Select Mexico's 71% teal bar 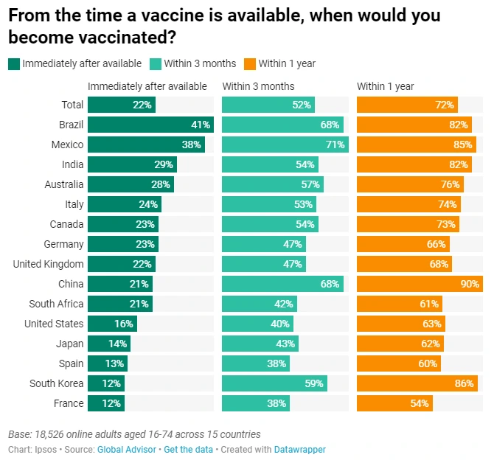[x=284, y=145]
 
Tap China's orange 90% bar [x=419, y=284]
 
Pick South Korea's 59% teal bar [x=274, y=383]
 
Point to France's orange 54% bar [x=394, y=403]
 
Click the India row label [x=72, y=164]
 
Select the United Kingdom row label [x=49, y=264]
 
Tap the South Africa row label [x=57, y=304]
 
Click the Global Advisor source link [x=127, y=450]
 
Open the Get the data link [x=188, y=450]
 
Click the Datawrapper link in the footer [x=299, y=450]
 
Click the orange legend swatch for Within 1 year [x=250, y=63]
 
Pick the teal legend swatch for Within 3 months [x=156, y=63]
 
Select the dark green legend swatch [x=14, y=63]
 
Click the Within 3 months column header [x=258, y=86]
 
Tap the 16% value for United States [x=123, y=324]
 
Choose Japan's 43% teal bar [x=260, y=344]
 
